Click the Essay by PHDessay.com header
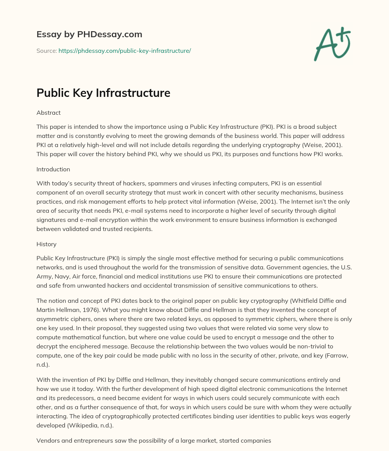pos(89,35)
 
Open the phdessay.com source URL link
pos(125,51)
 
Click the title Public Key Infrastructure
pos(103,93)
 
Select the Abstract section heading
pos(49,112)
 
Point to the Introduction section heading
pos(53,169)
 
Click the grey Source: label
pos(46,51)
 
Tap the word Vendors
pos(48,441)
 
